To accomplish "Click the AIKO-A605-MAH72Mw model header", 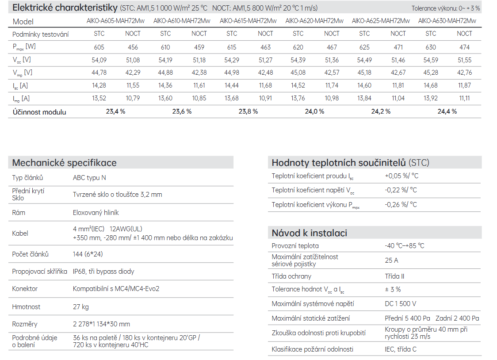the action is pos(115,21).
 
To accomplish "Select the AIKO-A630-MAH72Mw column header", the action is pos(447,21).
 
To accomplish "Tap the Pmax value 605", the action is pos(99,47).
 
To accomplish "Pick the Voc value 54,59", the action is pos(430,60).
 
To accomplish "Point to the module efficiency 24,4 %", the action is pos(447,111).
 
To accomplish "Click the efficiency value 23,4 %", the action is pos(115,111).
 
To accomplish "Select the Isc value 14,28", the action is pos(99,85).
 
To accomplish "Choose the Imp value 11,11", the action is pos(464,98).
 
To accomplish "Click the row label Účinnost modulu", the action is pos(39,112).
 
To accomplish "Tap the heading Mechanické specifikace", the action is pos(65,163).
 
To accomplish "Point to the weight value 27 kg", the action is pos(81,307).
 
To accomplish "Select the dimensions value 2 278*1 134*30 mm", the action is pos(101,324).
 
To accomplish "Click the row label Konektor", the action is pos(25,289).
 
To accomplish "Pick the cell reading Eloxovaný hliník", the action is pos(96,213).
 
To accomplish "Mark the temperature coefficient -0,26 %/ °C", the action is pos(401,205).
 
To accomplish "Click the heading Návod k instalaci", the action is pos(310,233).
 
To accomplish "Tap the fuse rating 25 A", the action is pos(391,260).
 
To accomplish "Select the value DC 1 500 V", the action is pos(400,303).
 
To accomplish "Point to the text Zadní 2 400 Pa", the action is pos(457,318).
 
